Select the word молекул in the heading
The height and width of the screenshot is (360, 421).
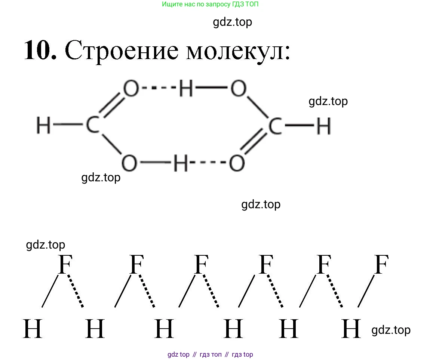(238, 51)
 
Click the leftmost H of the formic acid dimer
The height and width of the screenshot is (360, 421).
(43, 125)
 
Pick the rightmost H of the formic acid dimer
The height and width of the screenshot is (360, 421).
(324, 127)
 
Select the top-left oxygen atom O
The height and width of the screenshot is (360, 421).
(131, 90)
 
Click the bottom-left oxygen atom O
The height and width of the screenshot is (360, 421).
(129, 163)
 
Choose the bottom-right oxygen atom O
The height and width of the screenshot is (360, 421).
(237, 164)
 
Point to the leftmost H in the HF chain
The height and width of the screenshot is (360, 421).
(33, 329)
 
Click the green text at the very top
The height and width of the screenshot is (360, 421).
(210, 4)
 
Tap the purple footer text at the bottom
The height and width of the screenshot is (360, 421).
(210, 354)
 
